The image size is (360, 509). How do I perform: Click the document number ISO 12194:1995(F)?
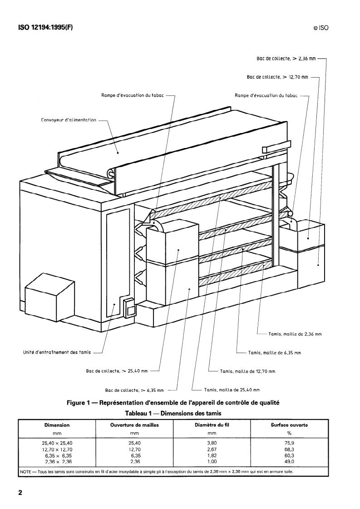(45, 27)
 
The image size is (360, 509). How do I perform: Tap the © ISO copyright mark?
(321, 28)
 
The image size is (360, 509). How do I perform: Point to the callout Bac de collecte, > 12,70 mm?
(277, 77)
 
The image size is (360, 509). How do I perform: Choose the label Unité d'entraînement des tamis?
(57, 351)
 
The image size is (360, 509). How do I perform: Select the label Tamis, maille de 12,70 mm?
(247, 371)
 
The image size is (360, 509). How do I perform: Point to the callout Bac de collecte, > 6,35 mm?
(134, 390)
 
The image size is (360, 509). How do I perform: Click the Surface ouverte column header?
(286, 425)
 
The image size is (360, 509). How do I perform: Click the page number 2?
(20, 493)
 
